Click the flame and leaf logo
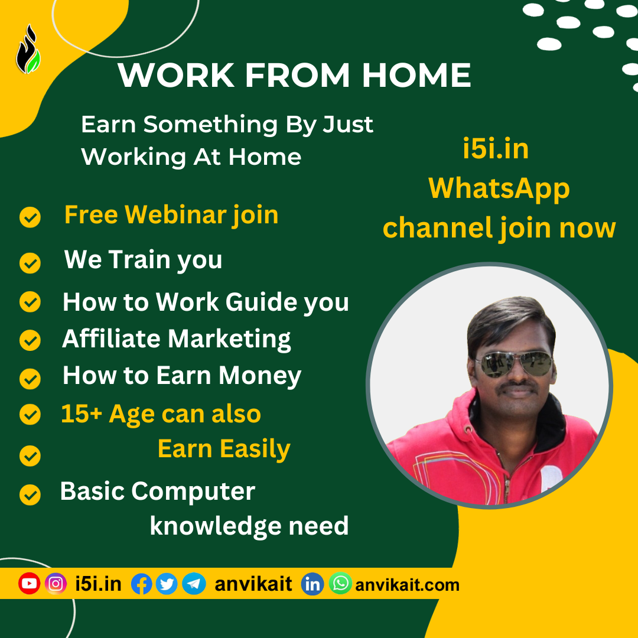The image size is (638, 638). point(28,50)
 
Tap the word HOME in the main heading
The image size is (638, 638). point(416,75)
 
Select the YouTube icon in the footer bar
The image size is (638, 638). point(29,584)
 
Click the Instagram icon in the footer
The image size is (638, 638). point(56,584)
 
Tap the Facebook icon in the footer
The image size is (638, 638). point(142,584)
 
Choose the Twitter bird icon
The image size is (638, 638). point(167,584)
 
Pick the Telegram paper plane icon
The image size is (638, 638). point(194,584)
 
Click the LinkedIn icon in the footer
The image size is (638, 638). point(313,584)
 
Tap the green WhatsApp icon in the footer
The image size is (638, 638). point(340,583)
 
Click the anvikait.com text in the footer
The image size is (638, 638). point(407,585)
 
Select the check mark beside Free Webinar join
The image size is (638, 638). point(30,217)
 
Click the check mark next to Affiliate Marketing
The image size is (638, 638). point(30,340)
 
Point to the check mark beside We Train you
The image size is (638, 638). point(30,263)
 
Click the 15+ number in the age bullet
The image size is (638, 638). point(82,414)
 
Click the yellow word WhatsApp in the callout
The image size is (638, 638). point(499,189)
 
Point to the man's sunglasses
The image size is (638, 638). point(515,363)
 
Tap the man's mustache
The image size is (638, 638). point(517,385)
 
